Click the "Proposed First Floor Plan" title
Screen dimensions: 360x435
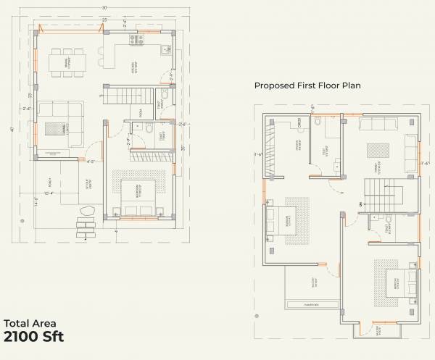pos(307,85)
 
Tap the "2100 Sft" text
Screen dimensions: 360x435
pos(34,337)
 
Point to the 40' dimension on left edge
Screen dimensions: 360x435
pos(12,129)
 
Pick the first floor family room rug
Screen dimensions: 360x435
pos(377,149)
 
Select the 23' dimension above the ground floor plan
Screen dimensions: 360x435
pos(105,18)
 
